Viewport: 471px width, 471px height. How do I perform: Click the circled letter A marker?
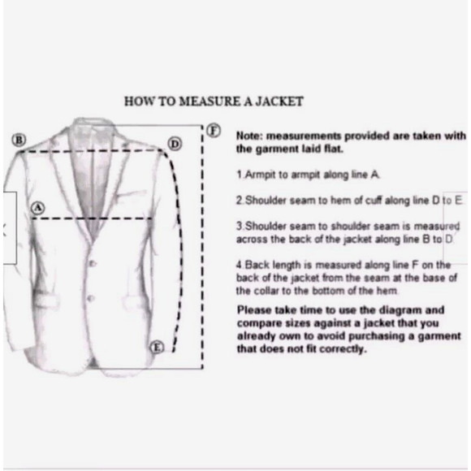[x=38, y=208]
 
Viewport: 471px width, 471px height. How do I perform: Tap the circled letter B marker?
[x=19, y=140]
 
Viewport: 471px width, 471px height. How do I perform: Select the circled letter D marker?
[x=175, y=145]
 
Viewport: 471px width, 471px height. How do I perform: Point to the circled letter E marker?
[x=157, y=348]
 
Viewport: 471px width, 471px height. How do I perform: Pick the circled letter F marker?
[x=214, y=131]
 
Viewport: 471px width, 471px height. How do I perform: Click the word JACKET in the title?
[x=279, y=102]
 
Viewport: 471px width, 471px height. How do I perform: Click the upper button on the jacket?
[x=93, y=264]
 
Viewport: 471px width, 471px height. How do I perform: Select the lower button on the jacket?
[x=91, y=299]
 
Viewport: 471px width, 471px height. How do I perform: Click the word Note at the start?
[x=249, y=136]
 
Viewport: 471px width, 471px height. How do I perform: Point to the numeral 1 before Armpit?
[x=239, y=175]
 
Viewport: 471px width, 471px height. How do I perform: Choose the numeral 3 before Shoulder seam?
[x=239, y=227]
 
